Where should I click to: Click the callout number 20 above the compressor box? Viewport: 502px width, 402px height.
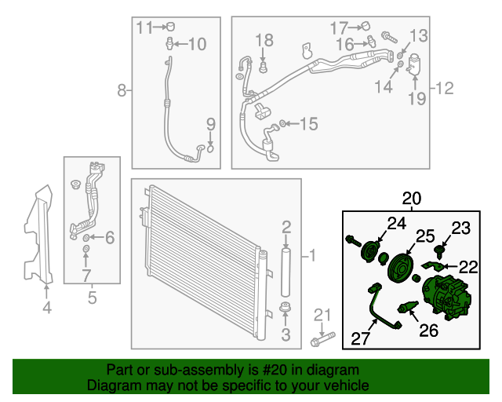412,199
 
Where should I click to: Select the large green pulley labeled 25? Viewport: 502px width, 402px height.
400,269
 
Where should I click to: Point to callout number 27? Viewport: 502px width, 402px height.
361,338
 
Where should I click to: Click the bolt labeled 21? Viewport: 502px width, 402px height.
322,339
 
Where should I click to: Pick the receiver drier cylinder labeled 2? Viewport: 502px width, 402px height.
286,272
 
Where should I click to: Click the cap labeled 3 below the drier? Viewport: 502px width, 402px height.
285,307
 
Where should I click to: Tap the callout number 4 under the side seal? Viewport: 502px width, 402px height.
47,308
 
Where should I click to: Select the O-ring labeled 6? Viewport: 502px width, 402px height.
86,238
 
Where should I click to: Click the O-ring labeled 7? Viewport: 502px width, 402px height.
85,249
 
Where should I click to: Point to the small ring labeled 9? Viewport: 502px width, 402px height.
210,148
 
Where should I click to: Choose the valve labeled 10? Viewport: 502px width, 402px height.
170,43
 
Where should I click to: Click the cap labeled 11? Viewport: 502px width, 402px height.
171,26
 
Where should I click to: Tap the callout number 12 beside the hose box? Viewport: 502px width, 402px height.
445,88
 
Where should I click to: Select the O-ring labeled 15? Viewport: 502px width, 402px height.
282,123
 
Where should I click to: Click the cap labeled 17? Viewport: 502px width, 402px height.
366,26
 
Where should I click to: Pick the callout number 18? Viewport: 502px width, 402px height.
264,40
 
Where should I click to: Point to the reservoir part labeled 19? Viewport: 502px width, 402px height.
413,64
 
